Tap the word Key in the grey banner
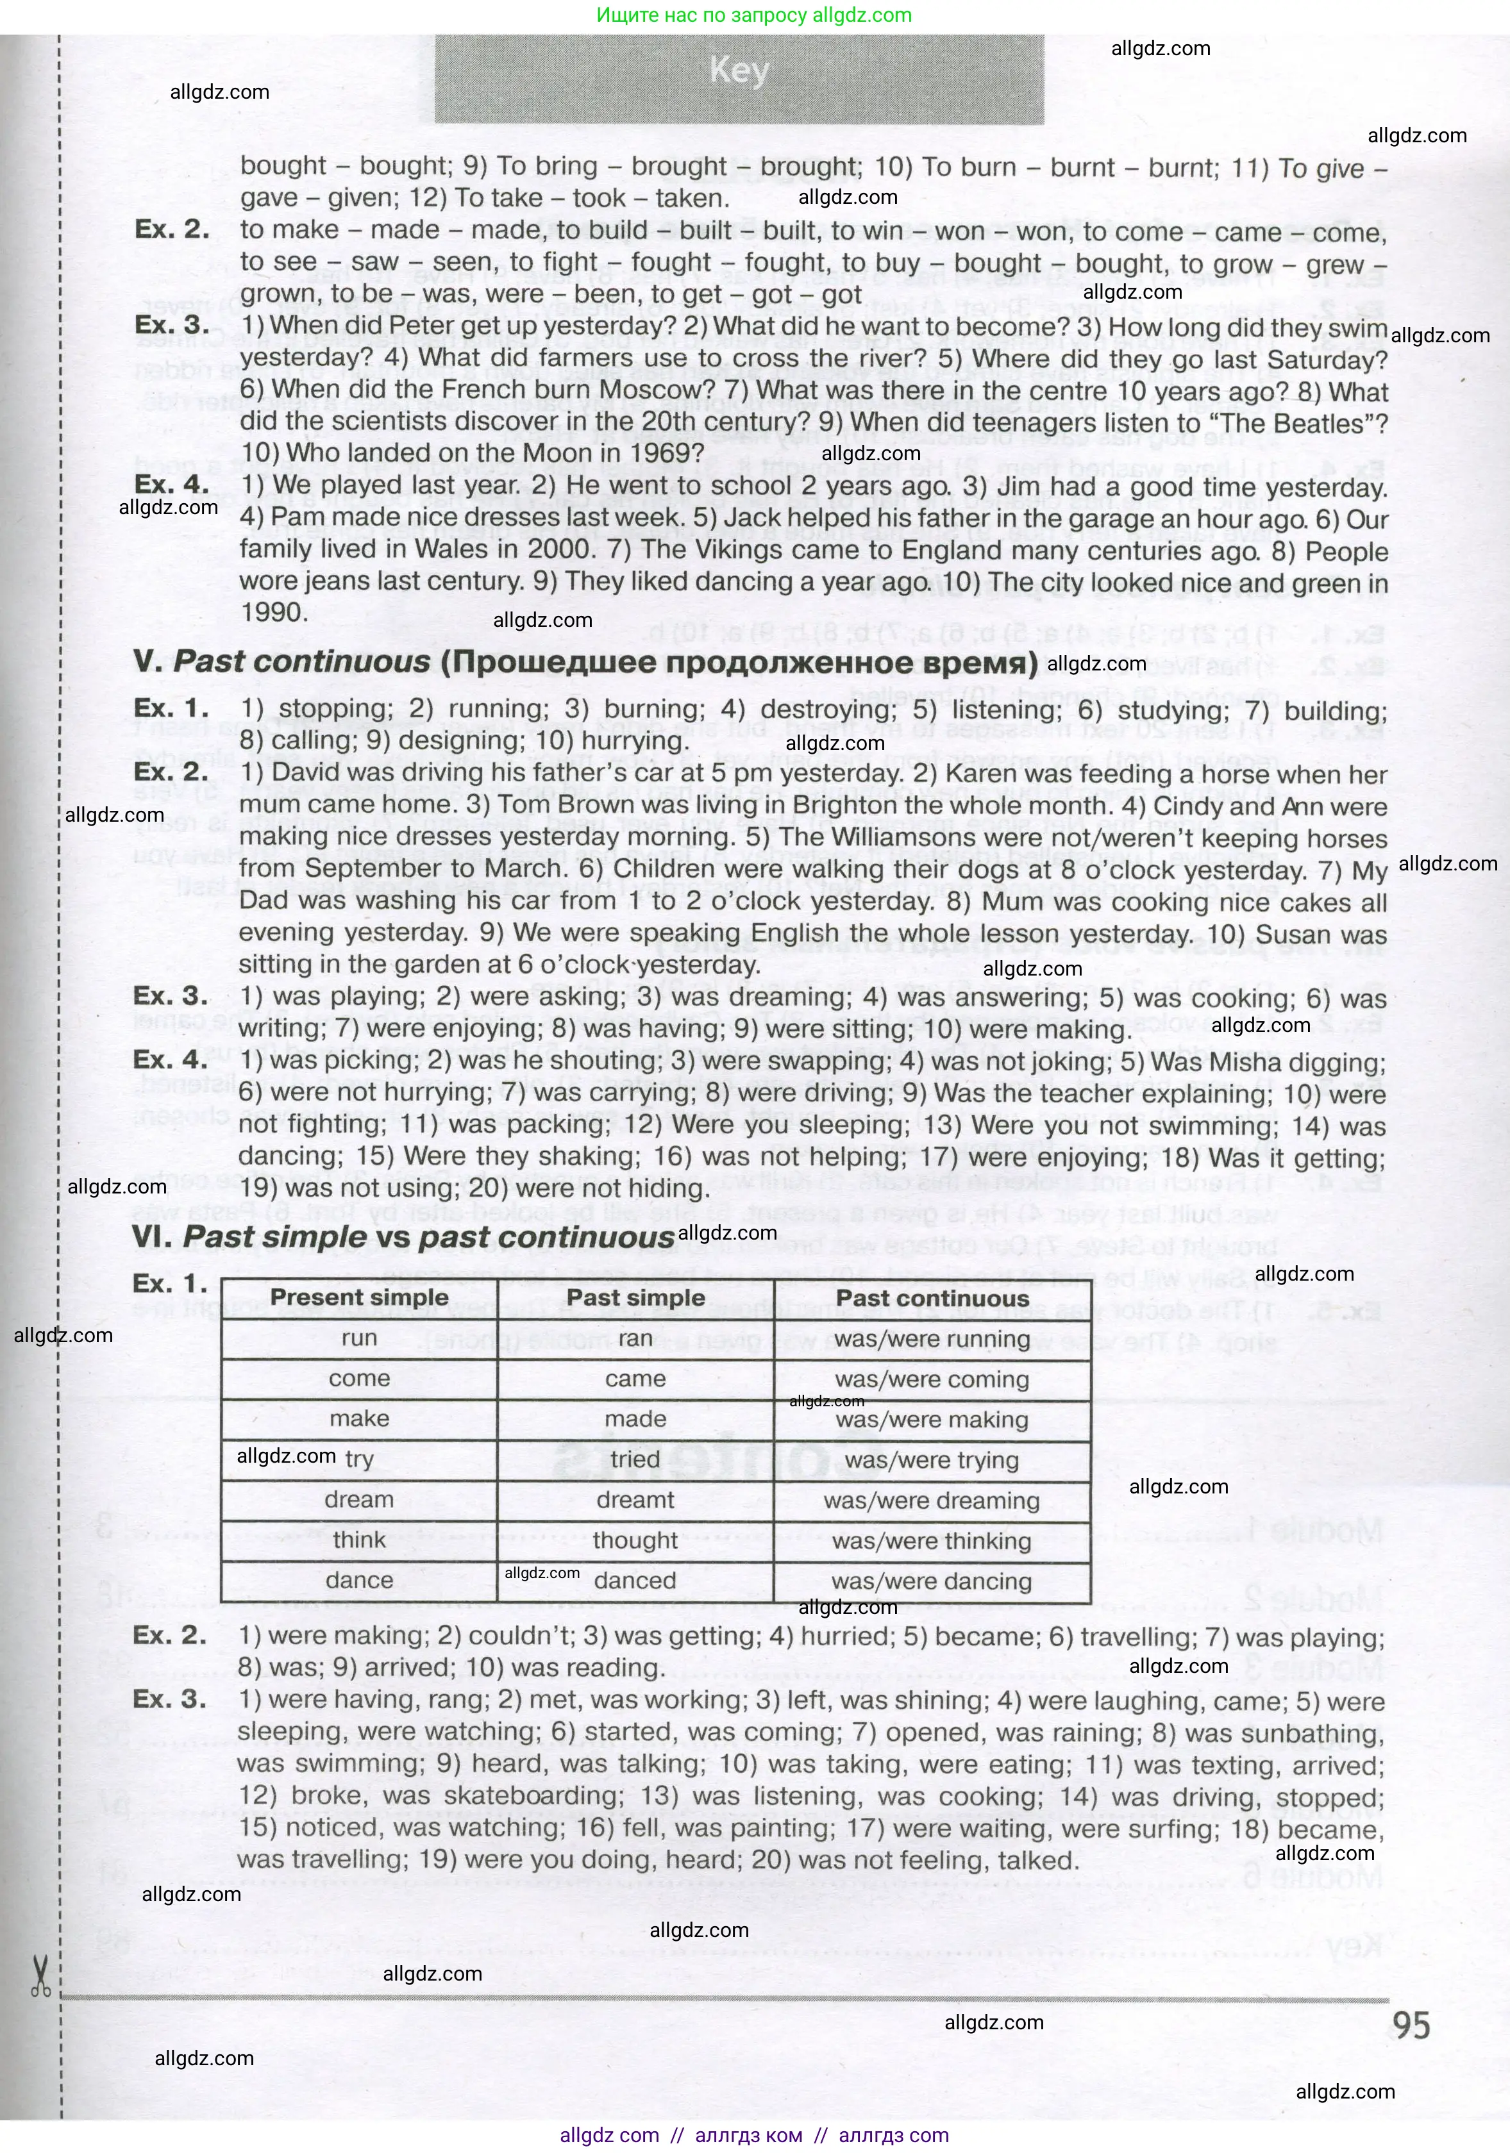[x=739, y=71]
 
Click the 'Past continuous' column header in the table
[x=932, y=1299]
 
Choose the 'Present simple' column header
[x=359, y=1298]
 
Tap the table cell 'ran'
[x=635, y=1339]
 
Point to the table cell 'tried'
[x=635, y=1460]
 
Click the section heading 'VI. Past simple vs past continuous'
[x=403, y=1238]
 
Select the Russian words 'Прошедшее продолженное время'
[x=737, y=663]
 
